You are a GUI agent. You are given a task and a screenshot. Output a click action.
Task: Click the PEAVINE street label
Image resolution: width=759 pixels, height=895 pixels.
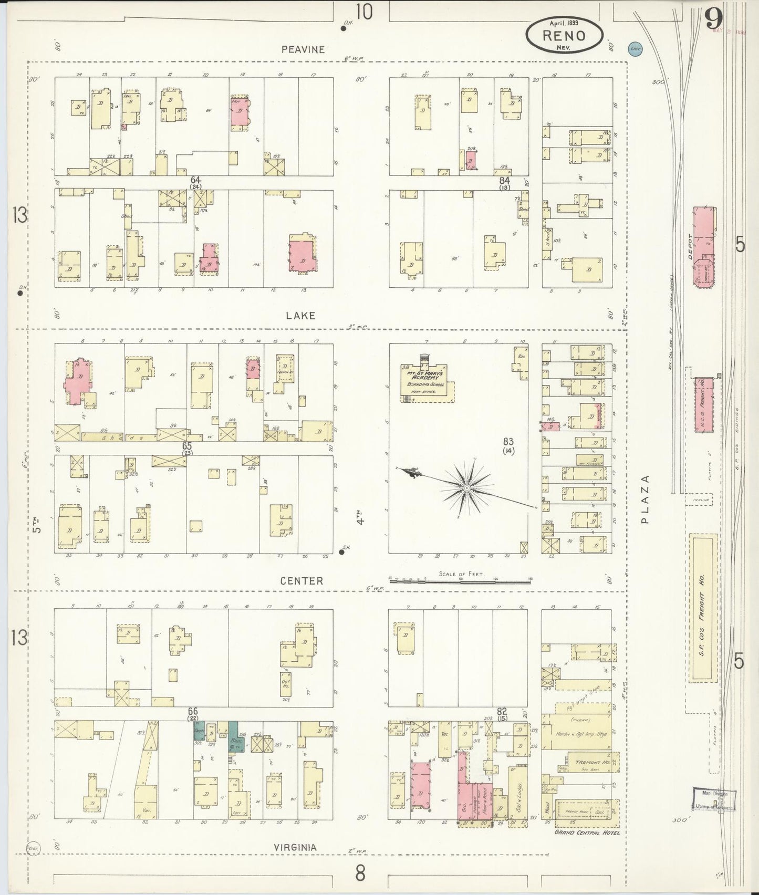pos(303,49)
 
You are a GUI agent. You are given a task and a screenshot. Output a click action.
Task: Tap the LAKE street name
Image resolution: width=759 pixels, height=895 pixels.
pos(301,315)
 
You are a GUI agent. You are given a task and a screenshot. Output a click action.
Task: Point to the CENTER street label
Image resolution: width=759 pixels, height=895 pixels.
pos(301,580)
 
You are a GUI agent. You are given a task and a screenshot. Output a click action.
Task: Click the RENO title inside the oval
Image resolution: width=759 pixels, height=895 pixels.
pos(564,36)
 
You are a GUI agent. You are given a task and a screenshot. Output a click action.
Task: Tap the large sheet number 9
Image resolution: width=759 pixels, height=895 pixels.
pos(713,21)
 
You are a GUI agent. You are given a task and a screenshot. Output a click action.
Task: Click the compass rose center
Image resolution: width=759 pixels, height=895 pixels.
pos(466,488)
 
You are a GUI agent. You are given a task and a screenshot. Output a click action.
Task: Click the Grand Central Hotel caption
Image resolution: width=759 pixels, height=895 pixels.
pos(587,832)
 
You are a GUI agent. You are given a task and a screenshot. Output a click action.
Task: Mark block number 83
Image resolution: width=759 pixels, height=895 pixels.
pos(508,442)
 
